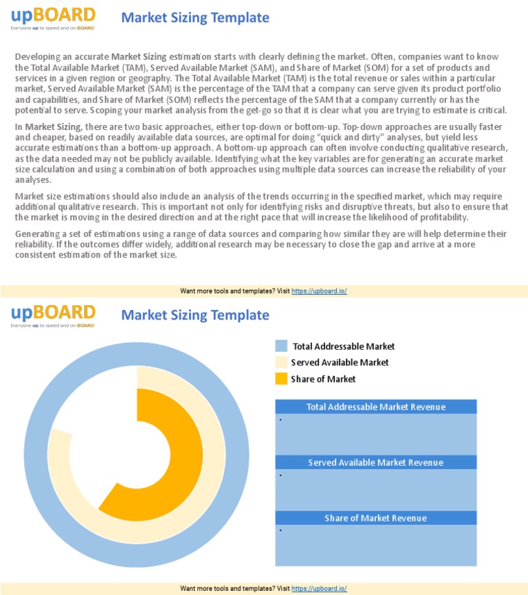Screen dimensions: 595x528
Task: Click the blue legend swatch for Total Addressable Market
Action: point(280,346)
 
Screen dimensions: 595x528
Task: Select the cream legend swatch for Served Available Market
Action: point(280,362)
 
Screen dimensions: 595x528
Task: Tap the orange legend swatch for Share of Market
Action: point(280,379)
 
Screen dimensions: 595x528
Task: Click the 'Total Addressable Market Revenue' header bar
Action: point(375,407)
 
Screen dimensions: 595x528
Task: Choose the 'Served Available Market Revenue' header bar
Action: point(375,462)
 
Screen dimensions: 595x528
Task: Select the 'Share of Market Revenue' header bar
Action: point(375,518)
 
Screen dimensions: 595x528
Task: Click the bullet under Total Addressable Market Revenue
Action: point(281,419)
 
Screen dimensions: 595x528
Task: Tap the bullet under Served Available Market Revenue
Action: point(281,475)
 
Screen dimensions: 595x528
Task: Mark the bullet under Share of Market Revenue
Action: point(281,530)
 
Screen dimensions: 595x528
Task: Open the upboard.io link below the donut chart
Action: point(319,589)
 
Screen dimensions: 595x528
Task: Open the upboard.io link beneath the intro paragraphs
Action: point(319,291)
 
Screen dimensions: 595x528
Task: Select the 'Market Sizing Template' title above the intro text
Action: point(195,18)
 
